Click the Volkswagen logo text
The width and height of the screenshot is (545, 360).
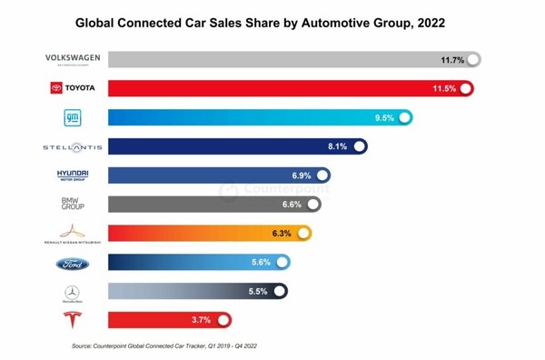(73, 59)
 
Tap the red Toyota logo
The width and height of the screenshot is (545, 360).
(73, 88)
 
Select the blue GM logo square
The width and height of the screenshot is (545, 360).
(73, 117)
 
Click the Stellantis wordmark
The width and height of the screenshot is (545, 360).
(73, 146)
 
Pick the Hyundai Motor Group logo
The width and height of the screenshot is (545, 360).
(73, 175)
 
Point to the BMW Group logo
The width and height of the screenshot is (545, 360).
(73, 204)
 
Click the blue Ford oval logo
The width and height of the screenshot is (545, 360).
(73, 265)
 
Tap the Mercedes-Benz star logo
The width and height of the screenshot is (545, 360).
(72, 293)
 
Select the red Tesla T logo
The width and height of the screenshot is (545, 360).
(72, 320)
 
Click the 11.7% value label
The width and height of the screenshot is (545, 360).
(452, 60)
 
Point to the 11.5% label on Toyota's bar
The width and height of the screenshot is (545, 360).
(445, 89)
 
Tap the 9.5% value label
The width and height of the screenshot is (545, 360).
(383, 118)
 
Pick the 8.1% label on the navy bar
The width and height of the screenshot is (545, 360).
(337, 146)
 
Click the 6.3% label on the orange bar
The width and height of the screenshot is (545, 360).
(282, 234)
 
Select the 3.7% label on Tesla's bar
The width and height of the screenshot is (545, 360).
(202, 320)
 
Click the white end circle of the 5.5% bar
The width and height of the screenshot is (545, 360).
(279, 292)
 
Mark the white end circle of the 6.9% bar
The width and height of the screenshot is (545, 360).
(322, 175)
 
